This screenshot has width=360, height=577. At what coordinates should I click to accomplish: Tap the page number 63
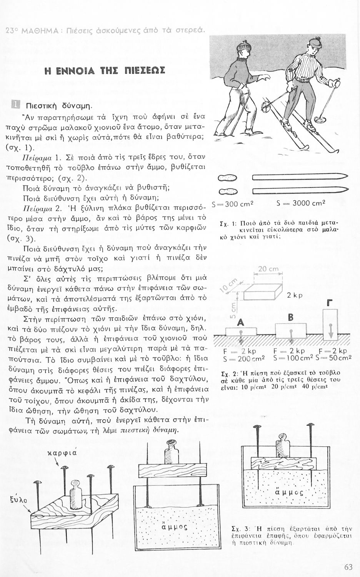349,567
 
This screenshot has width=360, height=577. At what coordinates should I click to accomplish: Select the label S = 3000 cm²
301,203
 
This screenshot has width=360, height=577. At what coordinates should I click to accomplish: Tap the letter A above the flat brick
241,324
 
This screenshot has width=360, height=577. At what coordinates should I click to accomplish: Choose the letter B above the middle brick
290,318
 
